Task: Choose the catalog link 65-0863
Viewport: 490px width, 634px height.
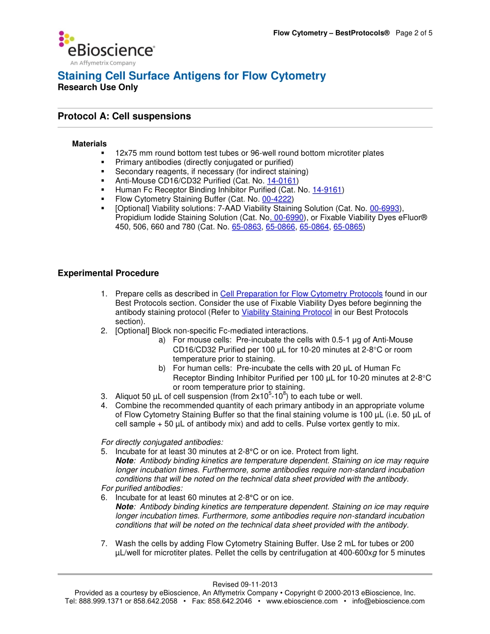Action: click(247, 227)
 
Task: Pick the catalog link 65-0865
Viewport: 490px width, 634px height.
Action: click(348, 227)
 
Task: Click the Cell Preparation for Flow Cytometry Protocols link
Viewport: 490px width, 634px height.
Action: click(301, 294)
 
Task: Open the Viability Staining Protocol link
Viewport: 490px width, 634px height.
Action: click(286, 312)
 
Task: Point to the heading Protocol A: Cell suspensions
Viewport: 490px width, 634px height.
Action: click(124, 116)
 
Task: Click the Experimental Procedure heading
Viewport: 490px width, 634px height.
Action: click(108, 273)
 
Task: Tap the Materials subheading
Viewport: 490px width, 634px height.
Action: click(89, 144)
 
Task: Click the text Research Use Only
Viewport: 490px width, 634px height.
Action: click(97, 88)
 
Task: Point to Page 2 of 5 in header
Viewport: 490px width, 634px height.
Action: click(414, 33)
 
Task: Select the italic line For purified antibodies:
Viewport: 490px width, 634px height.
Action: click(142, 488)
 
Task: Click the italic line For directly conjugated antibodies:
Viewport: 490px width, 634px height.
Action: click(162, 442)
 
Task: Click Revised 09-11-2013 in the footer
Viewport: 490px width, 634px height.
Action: click(245, 585)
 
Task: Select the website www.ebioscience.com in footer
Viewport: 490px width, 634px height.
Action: click(302, 601)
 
